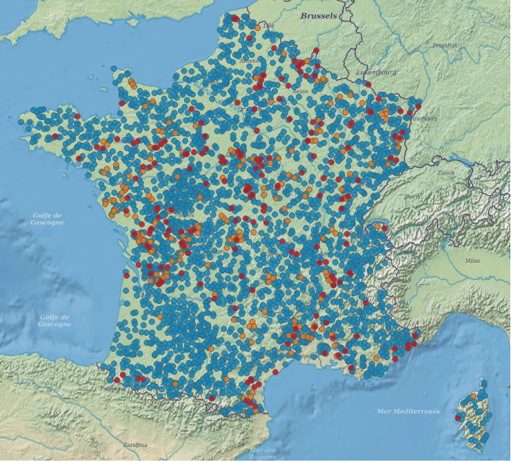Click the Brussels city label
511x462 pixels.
point(319,15)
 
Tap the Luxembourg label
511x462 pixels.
point(376,72)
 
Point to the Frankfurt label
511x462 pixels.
point(445,45)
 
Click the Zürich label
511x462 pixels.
point(445,172)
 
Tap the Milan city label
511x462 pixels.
point(472,261)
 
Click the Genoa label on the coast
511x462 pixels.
point(468,311)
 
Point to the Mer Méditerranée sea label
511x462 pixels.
point(408,411)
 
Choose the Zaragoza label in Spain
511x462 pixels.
point(135,445)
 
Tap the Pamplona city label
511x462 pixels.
point(112,388)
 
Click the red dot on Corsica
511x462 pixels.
point(459,417)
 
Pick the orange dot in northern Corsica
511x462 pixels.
point(473,396)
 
